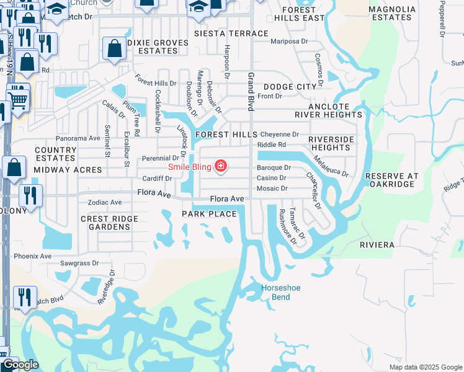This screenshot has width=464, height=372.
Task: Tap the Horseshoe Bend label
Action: tap(275, 292)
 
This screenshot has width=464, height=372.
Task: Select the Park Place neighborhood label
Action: tap(209, 214)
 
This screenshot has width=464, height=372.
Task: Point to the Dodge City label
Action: tap(289, 87)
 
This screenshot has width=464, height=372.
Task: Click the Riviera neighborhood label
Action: tap(377, 245)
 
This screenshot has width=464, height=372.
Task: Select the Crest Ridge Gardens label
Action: tap(109, 223)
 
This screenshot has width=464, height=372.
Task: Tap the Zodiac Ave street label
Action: tap(105, 203)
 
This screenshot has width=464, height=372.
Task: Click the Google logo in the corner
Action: tap(20, 364)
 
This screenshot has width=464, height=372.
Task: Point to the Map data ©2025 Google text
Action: tap(425, 367)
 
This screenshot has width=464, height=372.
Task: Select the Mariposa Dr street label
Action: tap(289, 42)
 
